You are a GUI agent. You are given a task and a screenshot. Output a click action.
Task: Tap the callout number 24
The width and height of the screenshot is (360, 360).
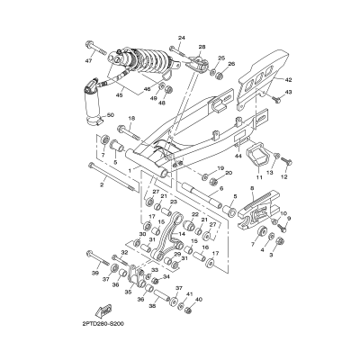point(181,38)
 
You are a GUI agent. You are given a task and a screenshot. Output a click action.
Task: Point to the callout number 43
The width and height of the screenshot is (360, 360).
point(290,92)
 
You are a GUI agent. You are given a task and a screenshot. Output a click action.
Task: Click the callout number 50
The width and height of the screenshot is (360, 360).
point(110,116)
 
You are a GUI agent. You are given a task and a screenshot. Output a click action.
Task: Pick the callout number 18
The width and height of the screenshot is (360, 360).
point(130,118)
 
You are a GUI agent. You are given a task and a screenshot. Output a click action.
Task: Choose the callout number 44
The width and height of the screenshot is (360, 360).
point(238,157)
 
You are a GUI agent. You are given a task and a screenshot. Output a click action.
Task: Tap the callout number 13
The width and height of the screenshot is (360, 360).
point(281,169)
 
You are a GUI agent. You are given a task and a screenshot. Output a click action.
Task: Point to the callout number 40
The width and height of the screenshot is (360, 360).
point(199,300)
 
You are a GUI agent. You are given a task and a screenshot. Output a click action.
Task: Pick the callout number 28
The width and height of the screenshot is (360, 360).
point(202,46)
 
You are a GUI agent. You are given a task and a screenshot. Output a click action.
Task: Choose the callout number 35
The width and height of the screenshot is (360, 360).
point(128,292)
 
